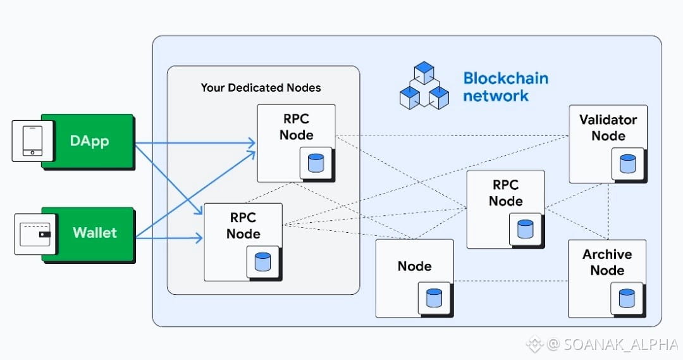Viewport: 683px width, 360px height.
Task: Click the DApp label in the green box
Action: (89, 140)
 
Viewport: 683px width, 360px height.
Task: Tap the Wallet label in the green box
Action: (95, 232)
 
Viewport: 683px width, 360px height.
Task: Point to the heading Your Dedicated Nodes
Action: (261, 87)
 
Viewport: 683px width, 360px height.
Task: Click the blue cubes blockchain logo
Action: (424, 85)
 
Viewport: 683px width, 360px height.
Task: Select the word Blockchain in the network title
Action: (505, 78)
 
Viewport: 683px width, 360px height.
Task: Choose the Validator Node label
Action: (608, 127)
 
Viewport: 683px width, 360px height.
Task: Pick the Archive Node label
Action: (607, 262)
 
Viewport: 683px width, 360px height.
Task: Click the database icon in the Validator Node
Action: (627, 164)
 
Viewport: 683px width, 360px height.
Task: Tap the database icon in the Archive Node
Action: (627, 298)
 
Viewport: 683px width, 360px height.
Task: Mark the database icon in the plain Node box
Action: (434, 298)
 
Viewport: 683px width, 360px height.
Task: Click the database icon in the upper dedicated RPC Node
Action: (315, 163)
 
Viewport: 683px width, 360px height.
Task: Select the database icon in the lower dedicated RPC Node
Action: (262, 261)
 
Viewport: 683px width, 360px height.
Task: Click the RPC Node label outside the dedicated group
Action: (506, 193)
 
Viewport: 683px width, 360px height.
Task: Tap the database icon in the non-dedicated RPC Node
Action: (525, 228)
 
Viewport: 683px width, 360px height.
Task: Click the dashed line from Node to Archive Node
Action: (511, 280)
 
